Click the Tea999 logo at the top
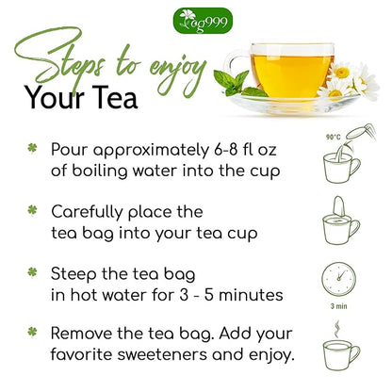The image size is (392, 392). coord(196,19)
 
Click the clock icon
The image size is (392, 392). coord(338,280)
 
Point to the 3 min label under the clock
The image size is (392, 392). coord(338,306)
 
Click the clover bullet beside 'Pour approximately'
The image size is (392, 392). coord(32,150)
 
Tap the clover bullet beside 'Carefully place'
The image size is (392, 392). coord(32,211)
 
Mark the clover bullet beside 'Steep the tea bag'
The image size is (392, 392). coord(32,272)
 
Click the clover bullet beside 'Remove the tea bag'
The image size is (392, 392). coord(32,333)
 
